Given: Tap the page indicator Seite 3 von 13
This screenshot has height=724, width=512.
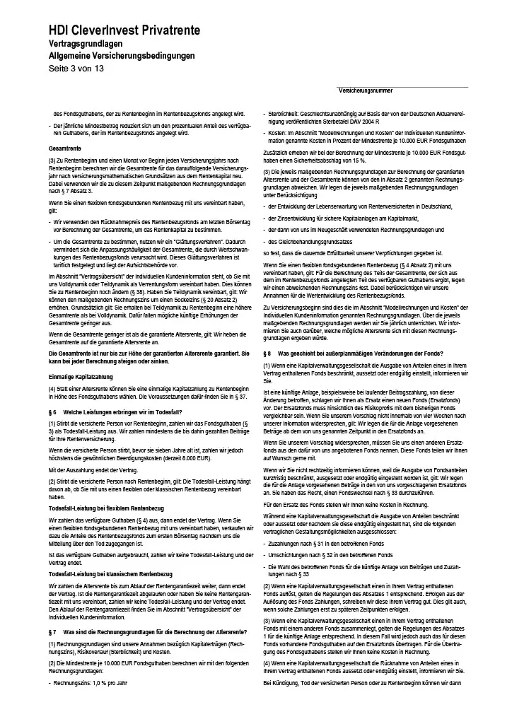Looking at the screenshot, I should (x=76, y=68).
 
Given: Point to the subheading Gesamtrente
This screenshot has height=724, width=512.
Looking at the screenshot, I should (x=65, y=149).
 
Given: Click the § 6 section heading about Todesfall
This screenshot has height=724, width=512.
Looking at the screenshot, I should (x=114, y=411).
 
